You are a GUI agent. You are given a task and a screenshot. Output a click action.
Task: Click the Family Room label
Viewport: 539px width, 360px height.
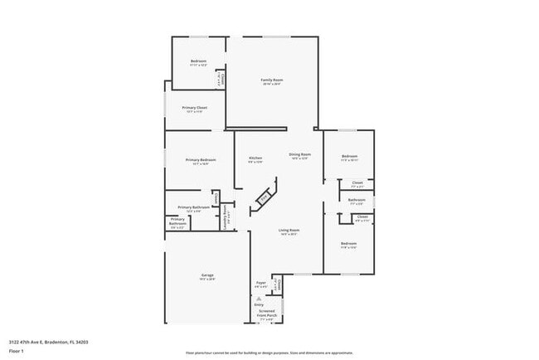(271, 80)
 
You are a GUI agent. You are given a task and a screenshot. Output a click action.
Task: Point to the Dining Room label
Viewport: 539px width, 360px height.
(299, 154)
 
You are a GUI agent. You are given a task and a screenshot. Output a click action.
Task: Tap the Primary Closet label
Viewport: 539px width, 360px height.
(195, 108)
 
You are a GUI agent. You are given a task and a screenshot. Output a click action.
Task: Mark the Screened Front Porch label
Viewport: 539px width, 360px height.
(267, 314)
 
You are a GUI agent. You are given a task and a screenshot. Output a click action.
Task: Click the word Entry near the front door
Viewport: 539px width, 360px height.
(259, 304)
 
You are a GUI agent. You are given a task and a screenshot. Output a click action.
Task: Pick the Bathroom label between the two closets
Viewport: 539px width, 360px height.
(357, 200)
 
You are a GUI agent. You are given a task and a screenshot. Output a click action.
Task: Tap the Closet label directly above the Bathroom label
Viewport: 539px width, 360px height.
(357, 182)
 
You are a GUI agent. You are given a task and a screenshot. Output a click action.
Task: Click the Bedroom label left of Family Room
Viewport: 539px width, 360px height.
(198, 61)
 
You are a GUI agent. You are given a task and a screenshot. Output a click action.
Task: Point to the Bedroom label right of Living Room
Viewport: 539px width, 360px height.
(348, 243)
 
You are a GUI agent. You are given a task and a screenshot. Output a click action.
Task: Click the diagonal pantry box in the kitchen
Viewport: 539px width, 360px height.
(265, 197)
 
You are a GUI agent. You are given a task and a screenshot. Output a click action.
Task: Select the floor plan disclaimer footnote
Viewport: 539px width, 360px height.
(269, 352)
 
